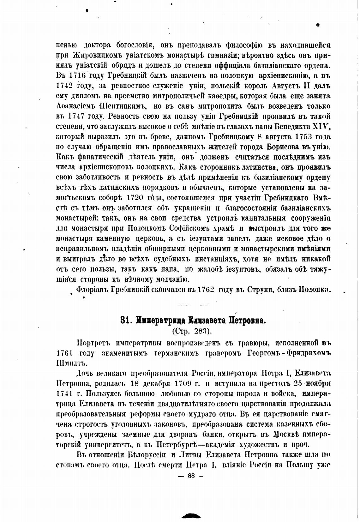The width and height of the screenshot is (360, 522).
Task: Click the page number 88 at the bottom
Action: [191, 477]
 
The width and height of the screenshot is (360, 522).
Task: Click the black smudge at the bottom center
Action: [191, 516]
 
